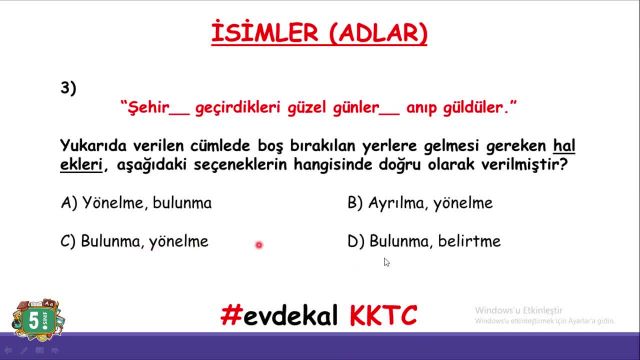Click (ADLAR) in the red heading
(x=376, y=35)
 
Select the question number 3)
(x=69, y=88)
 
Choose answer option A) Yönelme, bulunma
(x=136, y=203)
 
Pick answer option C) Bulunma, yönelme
(x=134, y=241)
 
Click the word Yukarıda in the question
(x=95, y=145)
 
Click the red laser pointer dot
(x=258, y=245)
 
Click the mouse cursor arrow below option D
(x=386, y=262)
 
